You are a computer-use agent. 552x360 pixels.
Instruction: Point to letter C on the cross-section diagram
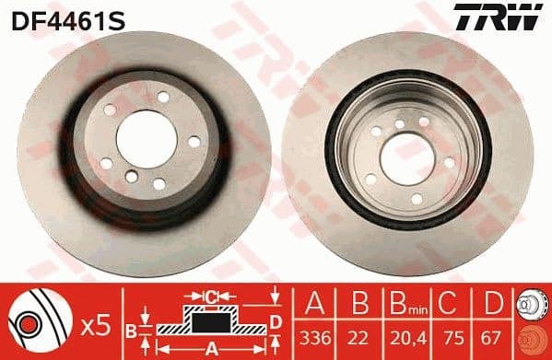point(210,295)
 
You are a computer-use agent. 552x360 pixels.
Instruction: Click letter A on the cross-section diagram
point(210,347)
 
